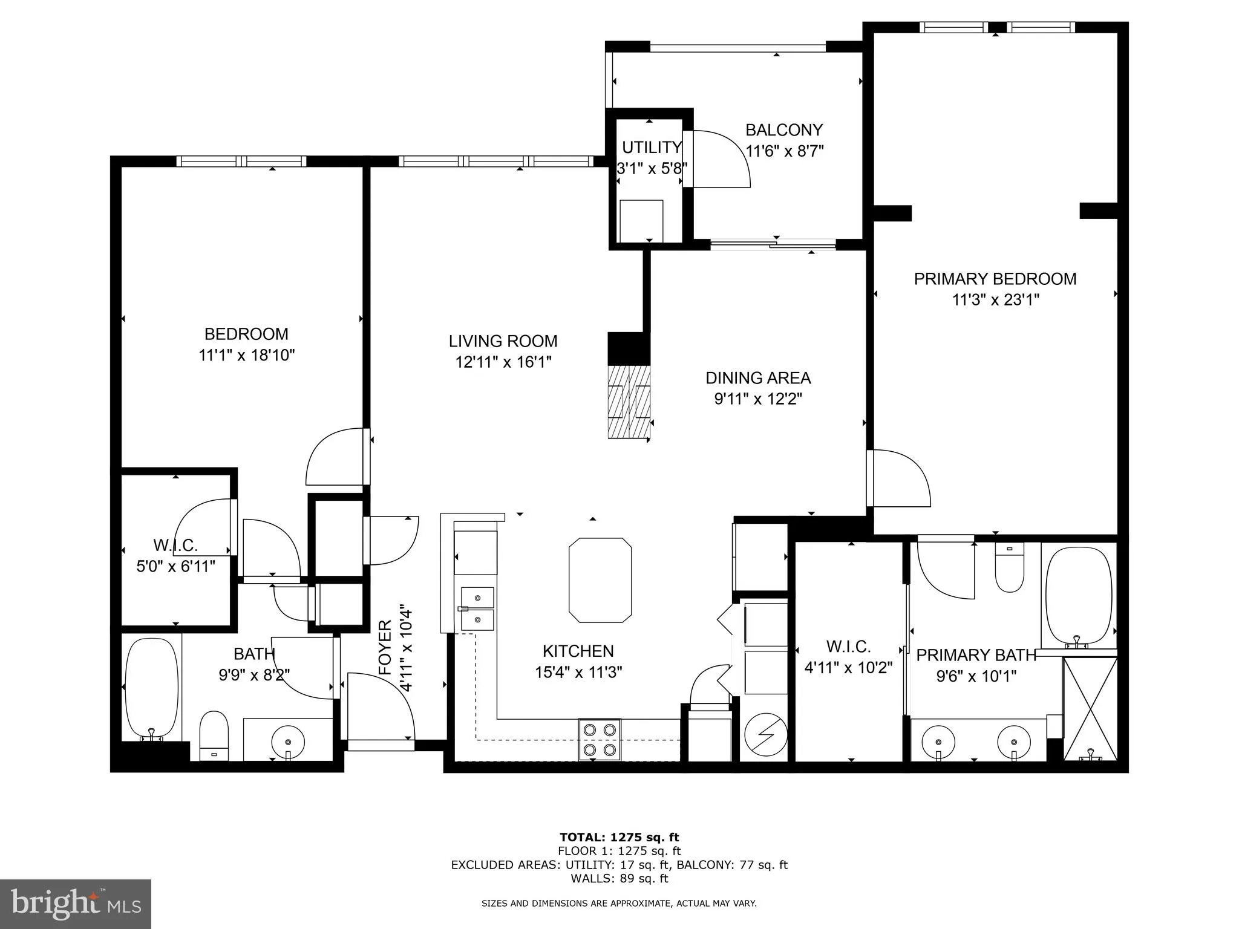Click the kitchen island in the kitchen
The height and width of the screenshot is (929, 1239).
[x=600, y=580]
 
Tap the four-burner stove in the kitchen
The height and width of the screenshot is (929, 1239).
[x=600, y=739]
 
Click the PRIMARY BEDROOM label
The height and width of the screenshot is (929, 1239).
[x=995, y=279]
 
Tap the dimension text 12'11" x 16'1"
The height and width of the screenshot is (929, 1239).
[x=503, y=362]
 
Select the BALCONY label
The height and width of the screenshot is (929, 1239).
[x=783, y=130]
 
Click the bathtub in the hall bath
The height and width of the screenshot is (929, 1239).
[x=152, y=688]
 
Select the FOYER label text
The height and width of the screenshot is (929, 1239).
[x=385, y=648]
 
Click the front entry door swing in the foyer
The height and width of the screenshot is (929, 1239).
[x=379, y=706]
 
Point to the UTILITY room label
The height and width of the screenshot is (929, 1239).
[x=652, y=147]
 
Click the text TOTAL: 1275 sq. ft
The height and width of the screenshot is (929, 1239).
[x=619, y=837]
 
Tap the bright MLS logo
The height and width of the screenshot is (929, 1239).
[x=76, y=904]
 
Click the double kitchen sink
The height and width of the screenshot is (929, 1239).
[x=477, y=608]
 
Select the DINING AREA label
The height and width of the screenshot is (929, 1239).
[x=757, y=378]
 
